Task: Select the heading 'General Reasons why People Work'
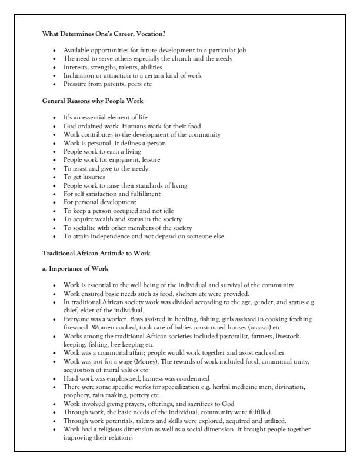click(85, 101)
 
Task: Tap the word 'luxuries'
click(94, 177)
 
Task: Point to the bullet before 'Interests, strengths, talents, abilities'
click(55, 67)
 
